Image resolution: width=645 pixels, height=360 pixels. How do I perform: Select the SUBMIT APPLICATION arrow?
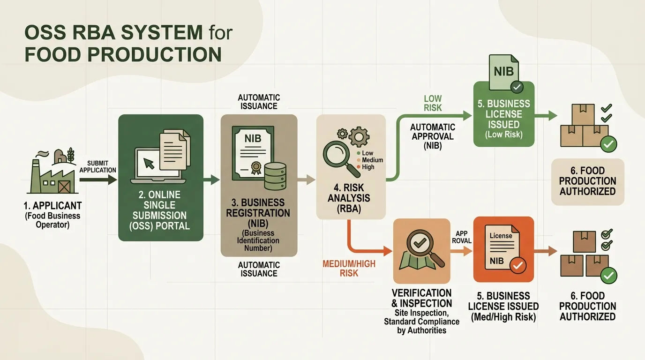coord(98,180)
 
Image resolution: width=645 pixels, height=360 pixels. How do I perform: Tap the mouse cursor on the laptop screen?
coord(149,163)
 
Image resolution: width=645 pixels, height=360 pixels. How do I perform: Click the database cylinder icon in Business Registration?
coord(275,176)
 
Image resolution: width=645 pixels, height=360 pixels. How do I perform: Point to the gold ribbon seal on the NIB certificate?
coord(255,168)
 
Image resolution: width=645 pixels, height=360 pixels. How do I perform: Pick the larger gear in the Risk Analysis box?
coord(359,136)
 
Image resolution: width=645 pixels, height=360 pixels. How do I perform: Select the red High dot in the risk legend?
coord(359,167)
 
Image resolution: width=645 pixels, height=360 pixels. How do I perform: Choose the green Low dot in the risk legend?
coord(359,153)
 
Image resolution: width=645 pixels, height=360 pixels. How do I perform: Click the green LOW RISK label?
coord(433,103)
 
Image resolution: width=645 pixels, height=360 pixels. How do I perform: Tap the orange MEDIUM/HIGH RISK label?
coord(349,269)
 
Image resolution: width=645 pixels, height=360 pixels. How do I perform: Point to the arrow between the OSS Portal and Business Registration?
coord(211,180)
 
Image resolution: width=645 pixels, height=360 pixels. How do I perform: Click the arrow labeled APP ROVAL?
coord(461,251)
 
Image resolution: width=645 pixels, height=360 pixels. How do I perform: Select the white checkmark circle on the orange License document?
coord(517,265)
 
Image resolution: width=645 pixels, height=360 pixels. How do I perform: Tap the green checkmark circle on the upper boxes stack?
coord(608,144)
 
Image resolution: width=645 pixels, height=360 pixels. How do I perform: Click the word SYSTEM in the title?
coord(162,32)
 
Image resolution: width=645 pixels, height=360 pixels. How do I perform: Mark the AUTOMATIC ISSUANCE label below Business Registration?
coord(259,269)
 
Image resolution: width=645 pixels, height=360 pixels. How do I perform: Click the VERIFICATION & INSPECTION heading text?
coord(421,298)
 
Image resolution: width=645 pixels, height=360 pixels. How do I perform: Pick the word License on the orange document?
coord(501,236)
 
